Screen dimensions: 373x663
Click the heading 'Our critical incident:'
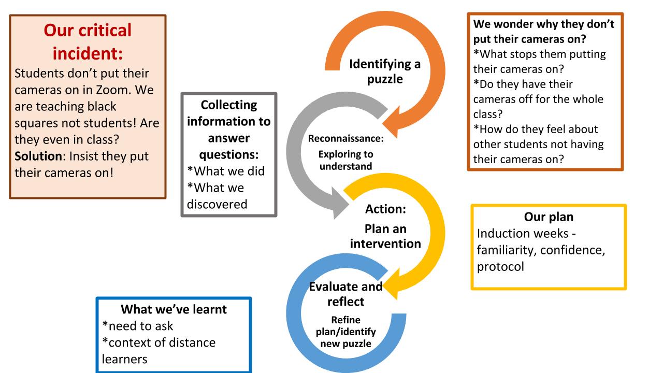point(88,41)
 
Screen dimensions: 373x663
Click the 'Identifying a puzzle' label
point(384,71)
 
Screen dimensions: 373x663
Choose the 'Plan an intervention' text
point(385,236)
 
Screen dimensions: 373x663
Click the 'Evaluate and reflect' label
point(345,294)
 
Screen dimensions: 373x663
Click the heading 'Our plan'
point(548,217)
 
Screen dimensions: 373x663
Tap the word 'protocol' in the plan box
point(500,266)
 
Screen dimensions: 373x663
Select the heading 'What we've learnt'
point(174,309)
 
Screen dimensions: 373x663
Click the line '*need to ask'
point(138,326)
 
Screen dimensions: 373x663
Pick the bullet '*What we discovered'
point(216,196)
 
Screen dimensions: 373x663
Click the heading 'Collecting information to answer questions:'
point(229,130)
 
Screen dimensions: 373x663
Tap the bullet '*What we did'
point(225,171)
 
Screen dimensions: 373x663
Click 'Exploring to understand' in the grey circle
point(345,160)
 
